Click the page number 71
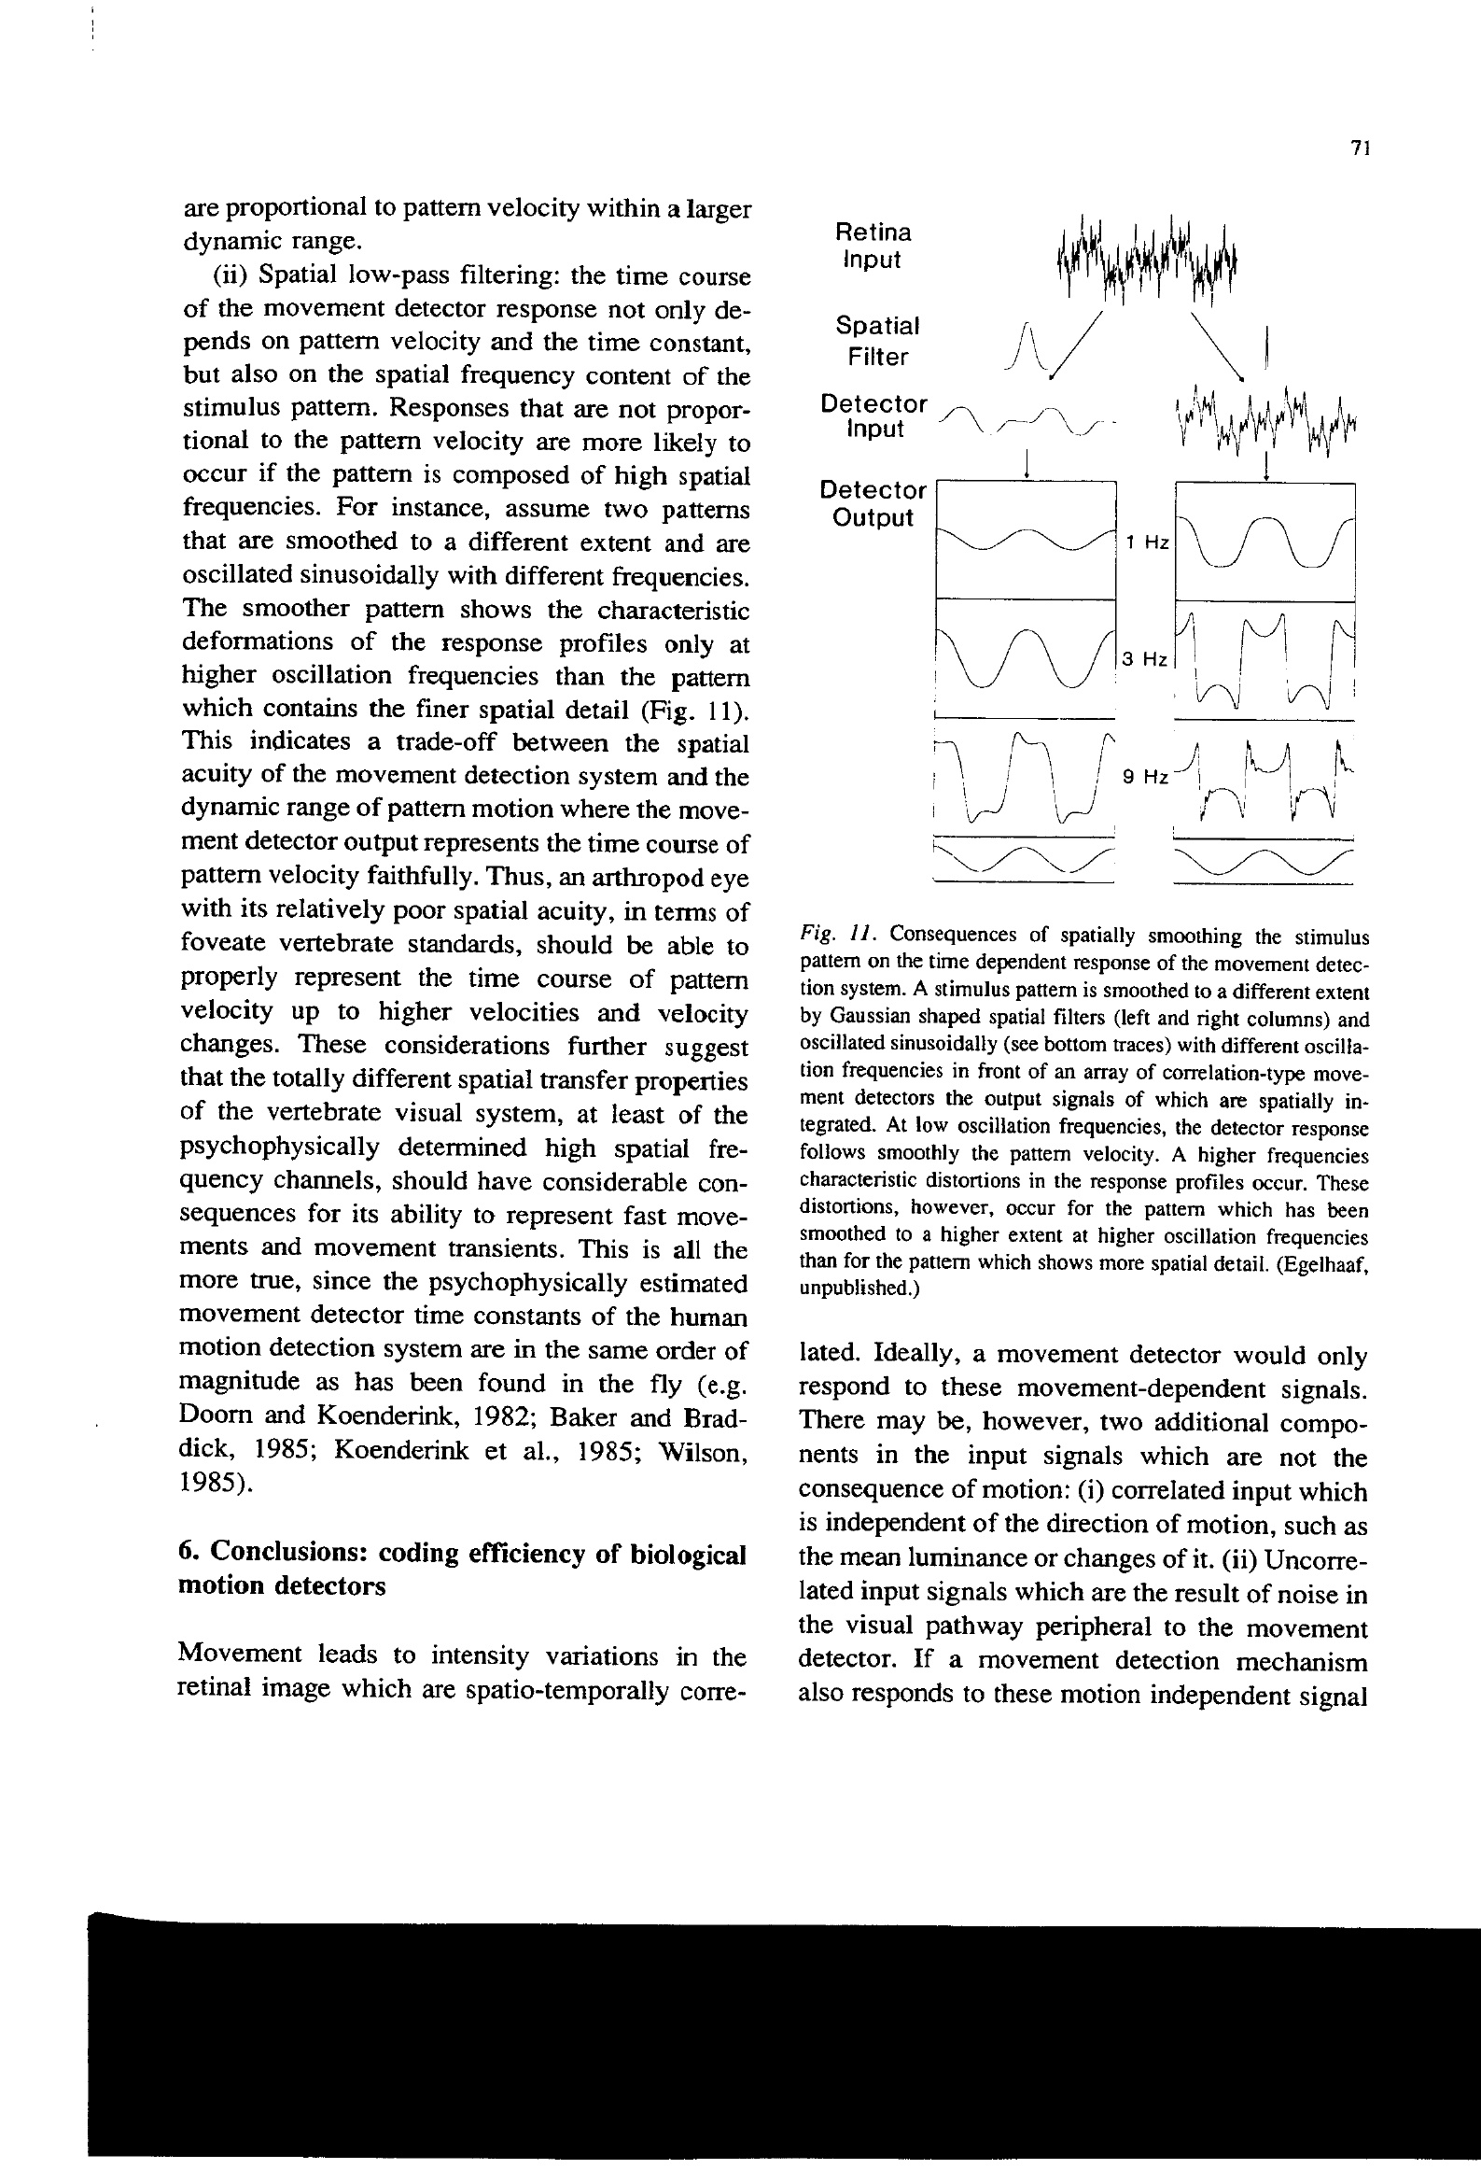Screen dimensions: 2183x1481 click(1362, 148)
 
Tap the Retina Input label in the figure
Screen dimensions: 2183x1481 click(873, 246)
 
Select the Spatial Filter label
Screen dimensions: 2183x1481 click(877, 341)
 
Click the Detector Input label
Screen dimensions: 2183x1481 click(873, 416)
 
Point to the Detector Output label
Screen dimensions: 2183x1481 click(873, 503)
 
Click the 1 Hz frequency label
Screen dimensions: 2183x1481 click(1147, 542)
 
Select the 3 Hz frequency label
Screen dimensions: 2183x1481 click(1145, 659)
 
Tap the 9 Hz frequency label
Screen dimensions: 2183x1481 click(1146, 777)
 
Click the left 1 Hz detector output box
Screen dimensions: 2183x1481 click(1027, 539)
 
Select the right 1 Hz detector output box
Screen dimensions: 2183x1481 click(1265, 541)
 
